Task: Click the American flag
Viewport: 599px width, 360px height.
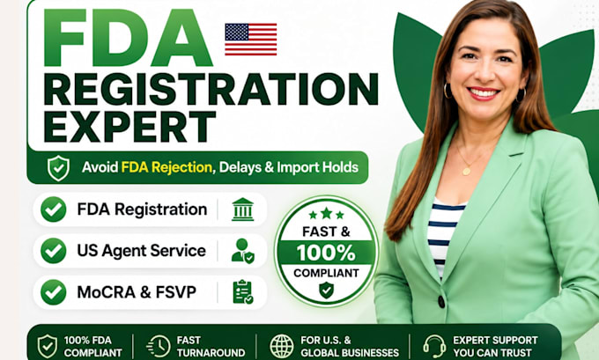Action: point(250,39)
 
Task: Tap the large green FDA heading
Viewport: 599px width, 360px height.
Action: point(128,38)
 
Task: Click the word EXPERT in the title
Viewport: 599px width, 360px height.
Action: point(129,127)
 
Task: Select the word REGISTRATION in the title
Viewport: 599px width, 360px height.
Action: point(211,89)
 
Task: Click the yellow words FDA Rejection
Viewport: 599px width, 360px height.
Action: point(166,167)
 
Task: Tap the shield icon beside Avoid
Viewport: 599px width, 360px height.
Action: point(58,167)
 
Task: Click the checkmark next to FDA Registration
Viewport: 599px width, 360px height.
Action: point(54,209)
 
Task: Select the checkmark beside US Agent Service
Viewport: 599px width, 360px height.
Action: point(54,251)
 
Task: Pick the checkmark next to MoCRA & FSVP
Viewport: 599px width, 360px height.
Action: point(54,292)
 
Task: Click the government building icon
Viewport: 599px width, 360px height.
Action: point(242,209)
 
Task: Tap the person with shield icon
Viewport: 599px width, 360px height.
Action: point(243,251)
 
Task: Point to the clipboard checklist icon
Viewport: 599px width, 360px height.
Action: point(243,292)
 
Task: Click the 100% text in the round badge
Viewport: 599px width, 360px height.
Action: point(326,253)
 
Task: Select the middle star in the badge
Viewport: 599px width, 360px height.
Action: point(326,213)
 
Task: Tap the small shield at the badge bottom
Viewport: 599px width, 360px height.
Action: point(326,290)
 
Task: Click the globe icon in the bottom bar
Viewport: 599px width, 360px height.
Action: point(282,346)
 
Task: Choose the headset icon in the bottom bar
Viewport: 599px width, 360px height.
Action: point(434,346)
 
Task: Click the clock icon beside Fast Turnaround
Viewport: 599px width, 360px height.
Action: point(159,346)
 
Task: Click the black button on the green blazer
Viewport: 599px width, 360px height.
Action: point(441,302)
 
